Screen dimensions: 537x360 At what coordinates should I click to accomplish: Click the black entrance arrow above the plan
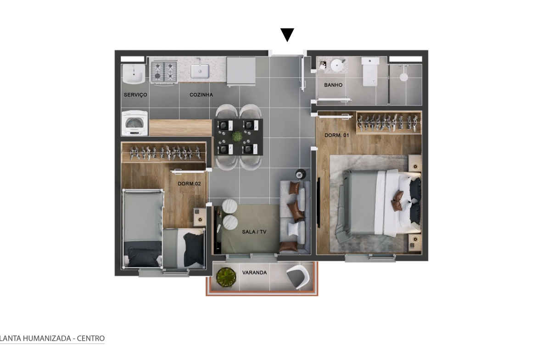(287, 34)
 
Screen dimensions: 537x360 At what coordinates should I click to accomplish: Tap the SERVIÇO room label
(135, 95)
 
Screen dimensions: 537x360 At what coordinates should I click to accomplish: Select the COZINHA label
(201, 95)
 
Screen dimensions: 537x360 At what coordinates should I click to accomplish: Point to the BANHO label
(333, 85)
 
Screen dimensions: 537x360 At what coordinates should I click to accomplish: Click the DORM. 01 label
(336, 135)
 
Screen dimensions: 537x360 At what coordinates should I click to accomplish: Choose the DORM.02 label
(190, 184)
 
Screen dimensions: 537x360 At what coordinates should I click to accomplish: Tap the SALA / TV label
(254, 232)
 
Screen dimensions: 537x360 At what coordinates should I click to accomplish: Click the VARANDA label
(254, 273)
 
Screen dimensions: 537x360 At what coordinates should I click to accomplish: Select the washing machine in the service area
(135, 123)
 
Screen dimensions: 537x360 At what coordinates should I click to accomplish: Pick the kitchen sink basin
(200, 71)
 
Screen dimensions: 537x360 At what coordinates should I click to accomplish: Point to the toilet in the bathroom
(370, 72)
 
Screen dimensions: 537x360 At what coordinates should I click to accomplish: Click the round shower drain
(404, 77)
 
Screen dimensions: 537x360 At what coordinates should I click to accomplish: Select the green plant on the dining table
(237, 136)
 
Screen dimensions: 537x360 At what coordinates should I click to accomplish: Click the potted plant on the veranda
(226, 277)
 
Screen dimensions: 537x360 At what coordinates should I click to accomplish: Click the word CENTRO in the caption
(91, 338)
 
